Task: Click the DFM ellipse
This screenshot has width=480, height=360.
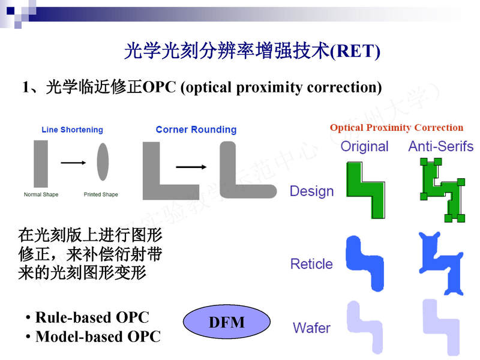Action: [x=227, y=322]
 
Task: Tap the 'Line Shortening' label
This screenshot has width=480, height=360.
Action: [x=72, y=130]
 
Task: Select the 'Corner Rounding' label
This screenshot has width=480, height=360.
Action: [x=196, y=130]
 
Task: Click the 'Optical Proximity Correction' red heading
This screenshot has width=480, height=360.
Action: [x=397, y=128]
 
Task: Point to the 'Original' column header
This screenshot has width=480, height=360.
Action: [x=364, y=146]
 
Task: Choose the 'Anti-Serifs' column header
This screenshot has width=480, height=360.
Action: [x=441, y=146]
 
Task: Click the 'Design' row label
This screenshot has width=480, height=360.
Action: [x=311, y=191]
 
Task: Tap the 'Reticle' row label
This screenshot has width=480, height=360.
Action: [x=311, y=264]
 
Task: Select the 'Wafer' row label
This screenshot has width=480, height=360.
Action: [x=311, y=328]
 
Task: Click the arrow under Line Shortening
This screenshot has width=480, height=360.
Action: [x=73, y=162]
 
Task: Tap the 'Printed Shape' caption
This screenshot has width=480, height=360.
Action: [x=101, y=194]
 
